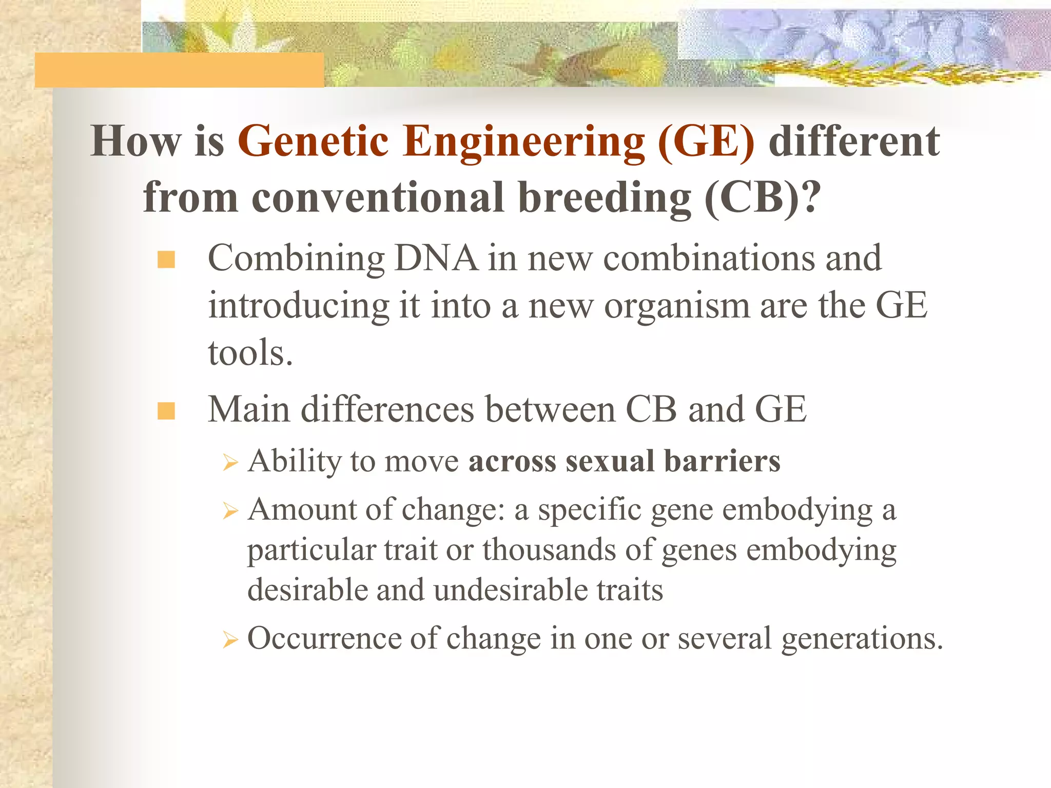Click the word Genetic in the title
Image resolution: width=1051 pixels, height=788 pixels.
click(313, 142)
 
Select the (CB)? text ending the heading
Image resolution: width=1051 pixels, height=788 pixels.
click(763, 198)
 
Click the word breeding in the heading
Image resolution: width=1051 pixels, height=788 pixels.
click(605, 198)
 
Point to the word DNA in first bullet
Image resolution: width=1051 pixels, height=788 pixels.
click(436, 258)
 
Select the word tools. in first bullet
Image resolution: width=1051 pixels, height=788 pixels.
click(250, 353)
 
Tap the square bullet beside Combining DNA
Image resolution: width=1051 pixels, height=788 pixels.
click(166, 260)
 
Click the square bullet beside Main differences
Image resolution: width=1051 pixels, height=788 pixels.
click(166, 411)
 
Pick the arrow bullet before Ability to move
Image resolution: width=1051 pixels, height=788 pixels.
click(230, 463)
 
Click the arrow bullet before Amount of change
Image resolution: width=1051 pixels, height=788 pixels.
click(230, 511)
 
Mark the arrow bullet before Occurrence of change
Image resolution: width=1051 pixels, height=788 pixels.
click(230, 640)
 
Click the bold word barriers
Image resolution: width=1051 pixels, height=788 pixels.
click(722, 461)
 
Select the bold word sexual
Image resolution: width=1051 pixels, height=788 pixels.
click(610, 461)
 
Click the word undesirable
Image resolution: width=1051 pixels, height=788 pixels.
click(510, 590)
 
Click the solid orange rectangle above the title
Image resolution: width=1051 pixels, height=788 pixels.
click(179, 70)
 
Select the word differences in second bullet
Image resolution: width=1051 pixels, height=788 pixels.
click(387, 410)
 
